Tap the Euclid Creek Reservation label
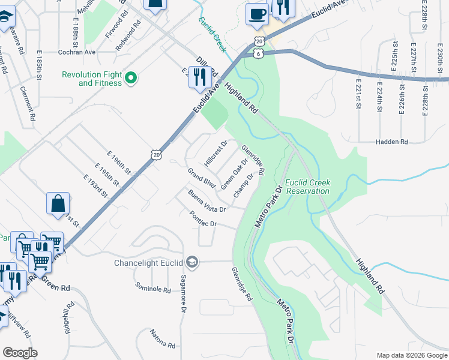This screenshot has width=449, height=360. pyautogui.click(x=307, y=187)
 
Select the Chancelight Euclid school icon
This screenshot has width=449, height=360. pyautogui.click(x=192, y=262)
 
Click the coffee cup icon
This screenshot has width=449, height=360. pyautogui.click(x=258, y=14)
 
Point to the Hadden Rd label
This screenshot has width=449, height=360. pyautogui.click(x=391, y=142)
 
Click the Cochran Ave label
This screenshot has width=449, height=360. pyautogui.click(x=77, y=52)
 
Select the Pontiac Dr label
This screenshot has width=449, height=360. pyautogui.click(x=203, y=219)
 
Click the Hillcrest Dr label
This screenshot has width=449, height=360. pyautogui.click(x=215, y=152)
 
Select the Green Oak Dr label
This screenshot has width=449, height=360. pyautogui.click(x=234, y=174)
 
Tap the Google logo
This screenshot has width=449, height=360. pyautogui.click(x=20, y=353)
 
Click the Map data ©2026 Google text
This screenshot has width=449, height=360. pyautogui.click(x=411, y=355)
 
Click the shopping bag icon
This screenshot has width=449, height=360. pyautogui.click(x=58, y=204)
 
